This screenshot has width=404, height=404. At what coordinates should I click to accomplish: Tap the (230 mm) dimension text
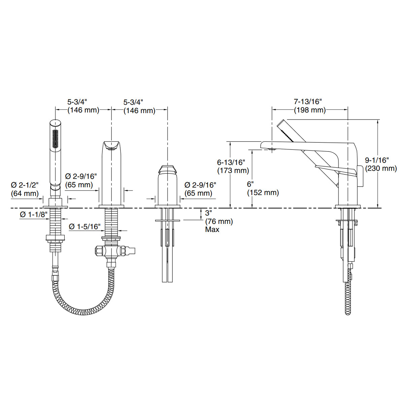tap(381, 168)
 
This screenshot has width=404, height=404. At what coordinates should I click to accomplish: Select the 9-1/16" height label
tap(377, 160)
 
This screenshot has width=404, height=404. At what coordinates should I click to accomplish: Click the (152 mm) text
tap(263, 193)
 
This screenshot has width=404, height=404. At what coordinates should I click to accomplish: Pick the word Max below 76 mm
tap(212, 230)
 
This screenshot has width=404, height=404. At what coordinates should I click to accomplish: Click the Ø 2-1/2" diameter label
tap(25, 185)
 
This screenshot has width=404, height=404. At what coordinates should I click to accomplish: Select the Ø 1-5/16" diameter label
tap(85, 227)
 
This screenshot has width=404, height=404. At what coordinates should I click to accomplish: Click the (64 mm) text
tap(25, 193)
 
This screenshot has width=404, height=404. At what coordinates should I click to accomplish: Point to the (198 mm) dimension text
tap(310, 110)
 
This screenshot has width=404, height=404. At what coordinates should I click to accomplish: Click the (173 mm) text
tap(233, 170)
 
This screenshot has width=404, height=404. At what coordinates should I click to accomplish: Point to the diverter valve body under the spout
tap(111, 251)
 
